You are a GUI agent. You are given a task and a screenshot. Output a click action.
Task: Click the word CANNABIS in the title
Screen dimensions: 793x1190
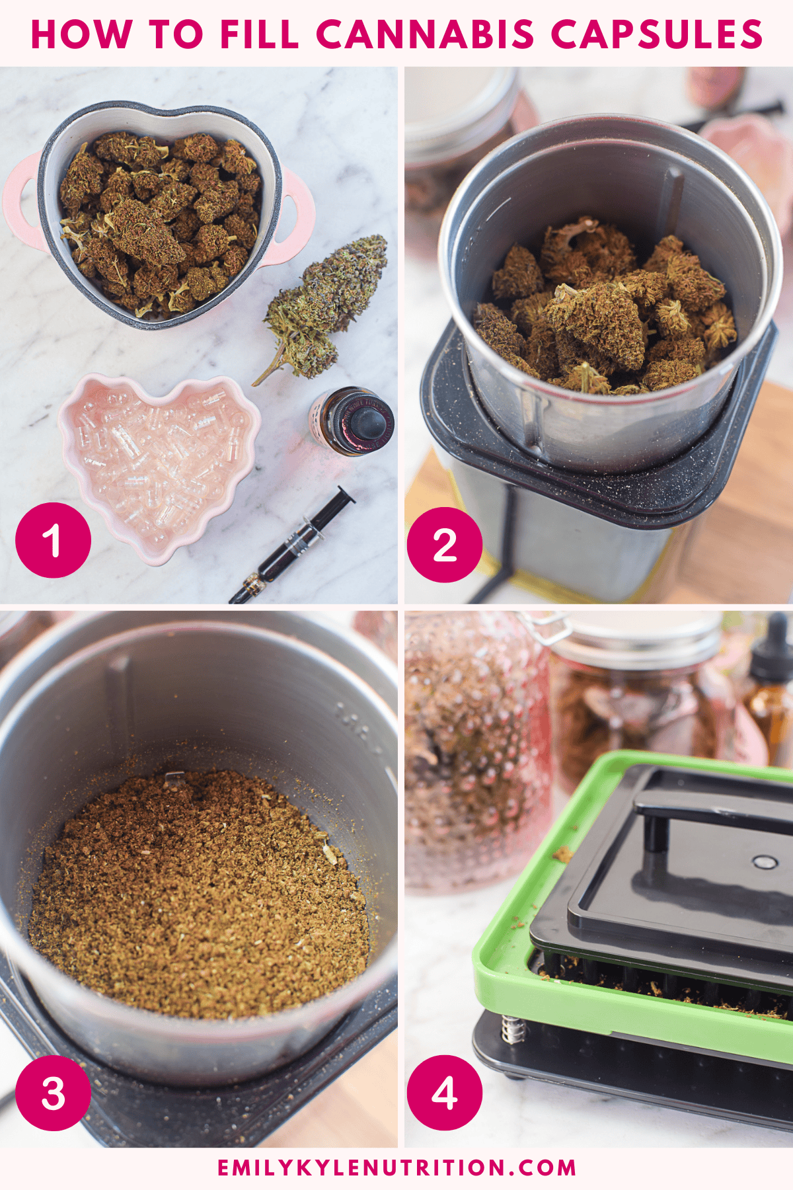click(425, 34)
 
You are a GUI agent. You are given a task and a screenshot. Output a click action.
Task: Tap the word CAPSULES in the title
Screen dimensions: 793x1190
click(657, 34)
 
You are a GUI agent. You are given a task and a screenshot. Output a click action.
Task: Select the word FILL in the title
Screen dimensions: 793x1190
click(259, 34)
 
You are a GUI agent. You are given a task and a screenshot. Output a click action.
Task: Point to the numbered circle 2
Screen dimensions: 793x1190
click(445, 545)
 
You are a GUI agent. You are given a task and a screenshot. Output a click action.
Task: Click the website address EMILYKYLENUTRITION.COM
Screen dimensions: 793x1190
click(397, 1168)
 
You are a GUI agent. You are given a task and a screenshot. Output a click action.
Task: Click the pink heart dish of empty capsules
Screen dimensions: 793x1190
click(159, 466)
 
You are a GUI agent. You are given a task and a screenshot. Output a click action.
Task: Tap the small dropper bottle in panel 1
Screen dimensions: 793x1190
click(351, 421)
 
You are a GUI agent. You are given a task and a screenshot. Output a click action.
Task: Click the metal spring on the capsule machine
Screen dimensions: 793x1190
click(512, 1029)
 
